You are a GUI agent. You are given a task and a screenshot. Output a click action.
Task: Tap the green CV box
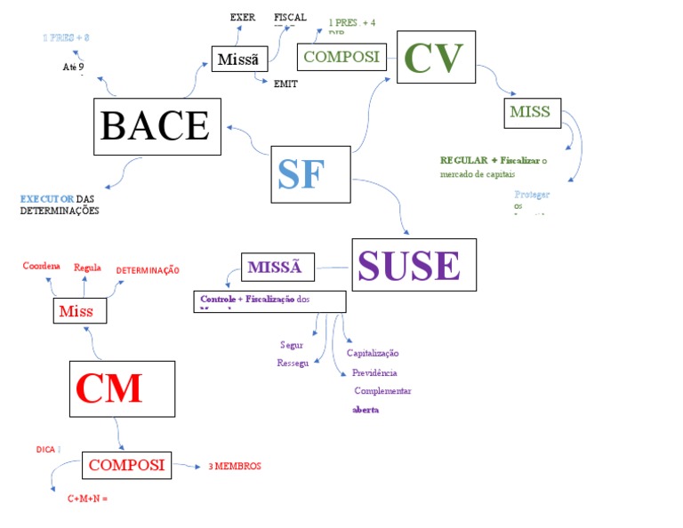pos(436,57)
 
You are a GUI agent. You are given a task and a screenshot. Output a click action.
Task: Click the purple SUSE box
pos(414,265)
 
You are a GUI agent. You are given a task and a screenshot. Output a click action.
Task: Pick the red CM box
pos(109,388)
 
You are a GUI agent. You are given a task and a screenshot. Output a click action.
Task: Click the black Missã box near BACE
pos(238,60)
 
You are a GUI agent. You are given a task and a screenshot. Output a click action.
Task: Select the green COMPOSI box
pos(341,57)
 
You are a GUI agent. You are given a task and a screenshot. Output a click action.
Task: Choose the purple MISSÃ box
pos(277,267)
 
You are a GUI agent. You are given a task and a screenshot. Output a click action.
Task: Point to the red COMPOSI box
pos(126,464)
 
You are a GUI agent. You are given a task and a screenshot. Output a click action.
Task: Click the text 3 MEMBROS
pos(235,466)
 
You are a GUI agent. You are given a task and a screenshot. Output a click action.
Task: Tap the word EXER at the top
pos(243,17)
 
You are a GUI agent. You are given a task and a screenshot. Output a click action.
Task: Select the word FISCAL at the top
pos(290,17)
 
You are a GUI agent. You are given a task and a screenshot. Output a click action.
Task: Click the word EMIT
pos(285,84)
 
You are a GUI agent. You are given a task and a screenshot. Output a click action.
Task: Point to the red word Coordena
pos(41,266)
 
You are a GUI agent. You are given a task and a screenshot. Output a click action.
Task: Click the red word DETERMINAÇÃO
pos(148,269)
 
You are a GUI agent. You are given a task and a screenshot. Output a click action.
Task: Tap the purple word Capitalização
pos(373,353)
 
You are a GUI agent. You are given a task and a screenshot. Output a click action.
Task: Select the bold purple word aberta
pos(366,410)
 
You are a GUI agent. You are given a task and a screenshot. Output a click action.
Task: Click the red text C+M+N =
pos(87,499)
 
